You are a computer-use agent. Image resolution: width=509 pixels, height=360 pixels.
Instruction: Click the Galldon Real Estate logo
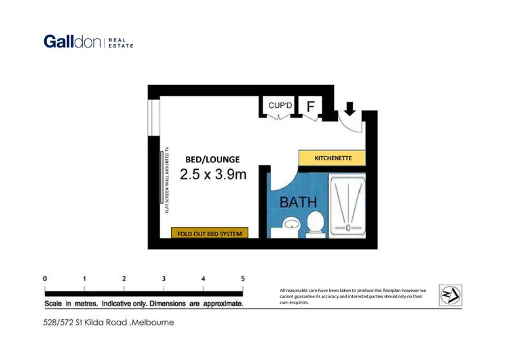click(x=88, y=41)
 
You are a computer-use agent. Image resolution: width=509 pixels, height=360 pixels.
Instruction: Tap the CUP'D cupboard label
click(x=280, y=105)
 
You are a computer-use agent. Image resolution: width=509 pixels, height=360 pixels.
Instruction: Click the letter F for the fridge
click(x=311, y=107)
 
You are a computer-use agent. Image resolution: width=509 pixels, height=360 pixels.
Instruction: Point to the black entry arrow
click(x=350, y=108)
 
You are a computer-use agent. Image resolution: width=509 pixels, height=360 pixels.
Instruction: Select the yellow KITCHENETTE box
click(x=333, y=158)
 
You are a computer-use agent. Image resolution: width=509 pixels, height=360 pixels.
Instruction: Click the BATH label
click(x=298, y=202)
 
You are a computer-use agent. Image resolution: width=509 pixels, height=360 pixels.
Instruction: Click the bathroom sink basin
click(x=290, y=225)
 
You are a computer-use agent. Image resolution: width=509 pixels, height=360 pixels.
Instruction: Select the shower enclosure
click(x=347, y=202)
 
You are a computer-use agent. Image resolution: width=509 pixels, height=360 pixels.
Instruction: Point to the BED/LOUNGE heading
click(x=212, y=160)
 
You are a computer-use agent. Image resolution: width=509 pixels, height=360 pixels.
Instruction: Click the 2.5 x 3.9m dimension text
click(x=212, y=175)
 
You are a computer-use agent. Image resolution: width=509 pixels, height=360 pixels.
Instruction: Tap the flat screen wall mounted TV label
click(x=167, y=180)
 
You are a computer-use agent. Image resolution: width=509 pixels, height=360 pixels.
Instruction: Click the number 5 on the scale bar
click(x=242, y=278)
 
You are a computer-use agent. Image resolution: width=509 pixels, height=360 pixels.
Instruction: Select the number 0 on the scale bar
click(x=45, y=278)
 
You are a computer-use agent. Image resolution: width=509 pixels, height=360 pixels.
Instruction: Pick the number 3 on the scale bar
click(x=164, y=278)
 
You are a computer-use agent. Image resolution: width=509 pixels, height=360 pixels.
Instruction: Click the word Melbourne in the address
click(x=153, y=322)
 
